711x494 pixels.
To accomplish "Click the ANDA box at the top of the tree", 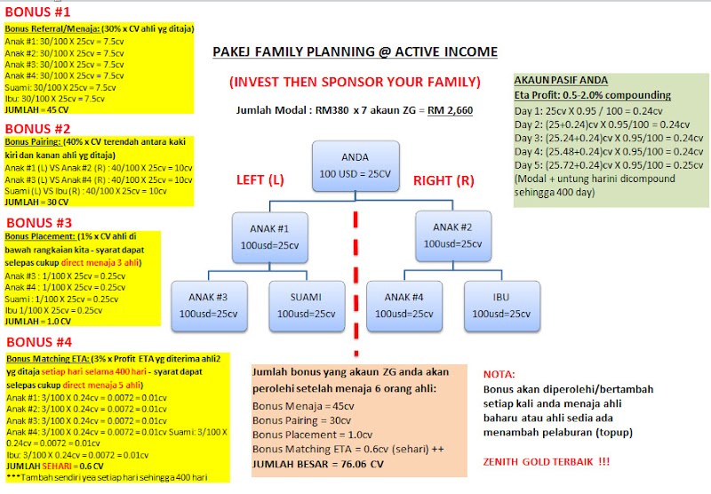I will coord(355,165).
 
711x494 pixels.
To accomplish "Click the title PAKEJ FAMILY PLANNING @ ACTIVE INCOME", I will coord(355,52).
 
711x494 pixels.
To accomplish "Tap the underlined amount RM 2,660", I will coord(451,110).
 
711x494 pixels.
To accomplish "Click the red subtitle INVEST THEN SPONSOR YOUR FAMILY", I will coord(355,82).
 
